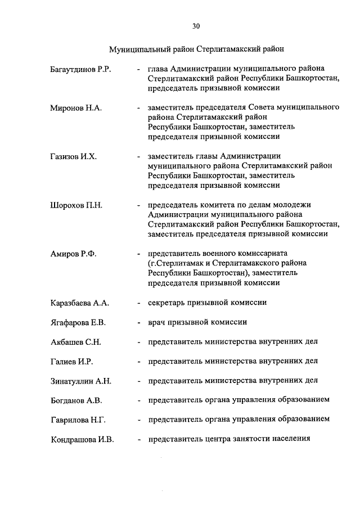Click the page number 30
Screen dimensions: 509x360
(x=196, y=25)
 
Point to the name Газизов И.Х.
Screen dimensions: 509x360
(x=73, y=156)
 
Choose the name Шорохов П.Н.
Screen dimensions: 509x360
(x=76, y=205)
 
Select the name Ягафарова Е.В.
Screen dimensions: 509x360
(x=78, y=322)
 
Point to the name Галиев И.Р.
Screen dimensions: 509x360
(x=73, y=361)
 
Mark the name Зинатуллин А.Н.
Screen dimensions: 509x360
(x=80, y=381)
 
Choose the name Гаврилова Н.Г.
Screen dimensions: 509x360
(x=78, y=420)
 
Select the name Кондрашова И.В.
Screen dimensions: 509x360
(x=82, y=439)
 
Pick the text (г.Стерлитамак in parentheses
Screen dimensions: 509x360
(x=175, y=263)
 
